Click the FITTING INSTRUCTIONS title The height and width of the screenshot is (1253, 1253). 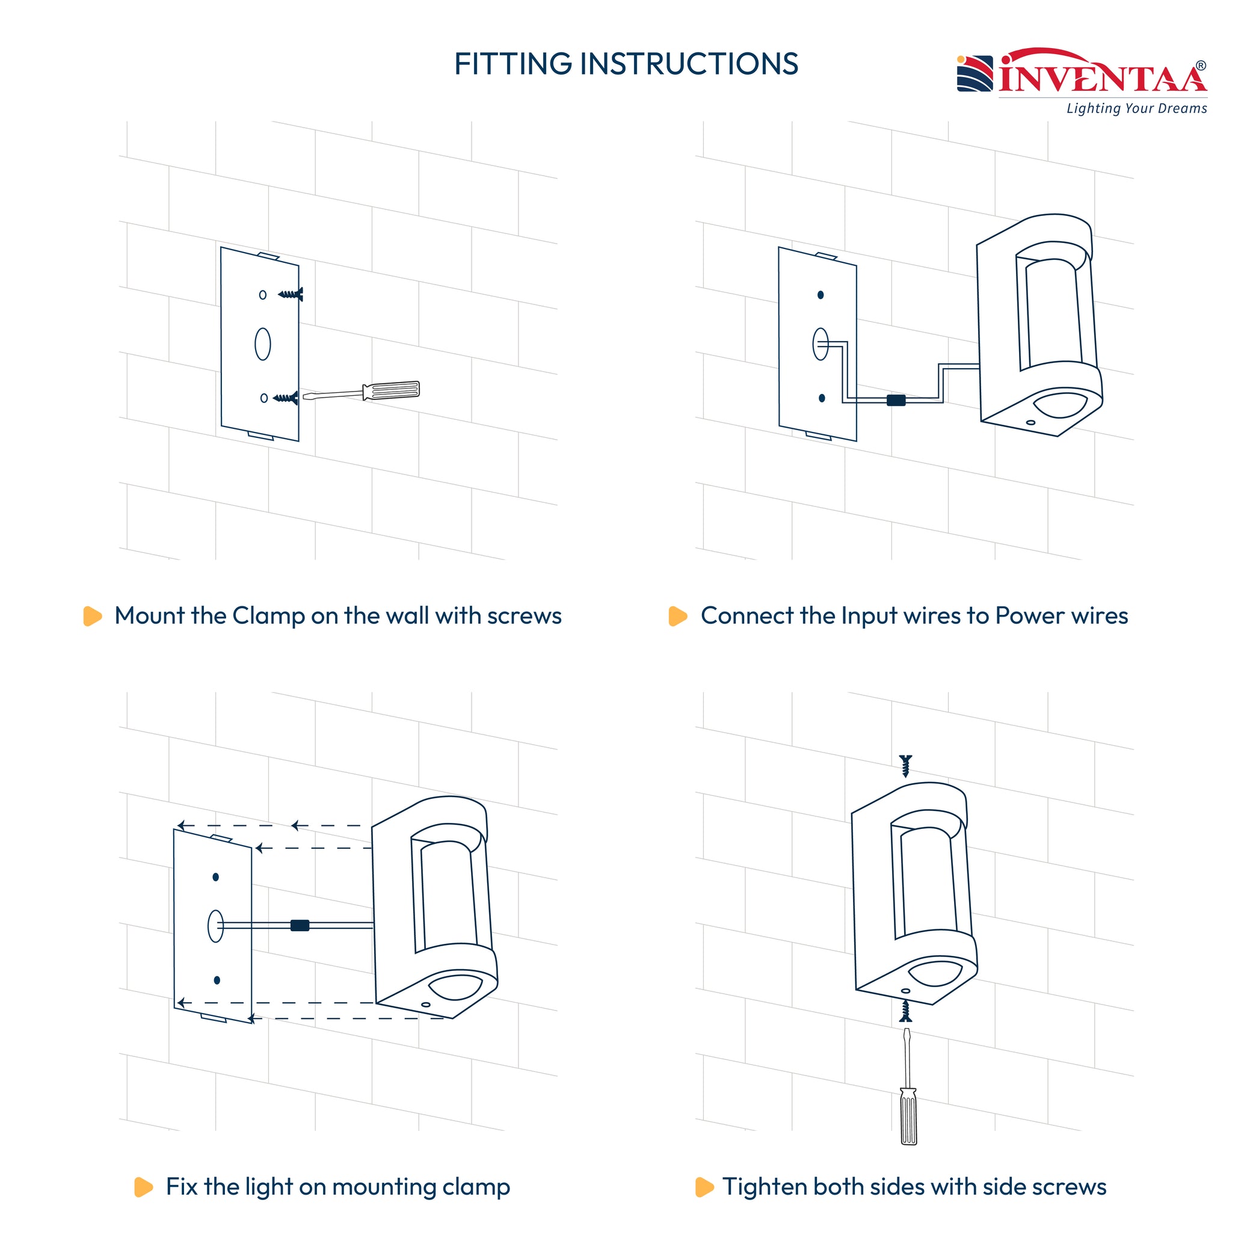click(626, 64)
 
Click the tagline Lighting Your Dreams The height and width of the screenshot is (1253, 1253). click(1137, 108)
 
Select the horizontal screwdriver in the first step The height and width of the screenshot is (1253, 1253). click(362, 391)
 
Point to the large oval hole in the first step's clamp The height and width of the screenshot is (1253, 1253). click(263, 343)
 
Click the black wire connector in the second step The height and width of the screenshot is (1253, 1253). click(896, 400)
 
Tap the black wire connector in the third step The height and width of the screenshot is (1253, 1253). click(300, 926)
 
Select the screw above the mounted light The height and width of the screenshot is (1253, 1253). click(906, 766)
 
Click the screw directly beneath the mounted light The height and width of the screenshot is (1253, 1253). click(906, 1011)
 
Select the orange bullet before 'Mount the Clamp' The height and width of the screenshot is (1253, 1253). click(93, 616)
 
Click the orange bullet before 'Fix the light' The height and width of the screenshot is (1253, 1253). click(143, 1187)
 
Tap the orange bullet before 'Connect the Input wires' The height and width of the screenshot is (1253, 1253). click(678, 616)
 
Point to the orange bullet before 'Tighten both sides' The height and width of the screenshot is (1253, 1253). click(704, 1187)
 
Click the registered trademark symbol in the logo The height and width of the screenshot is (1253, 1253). click(1201, 66)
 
